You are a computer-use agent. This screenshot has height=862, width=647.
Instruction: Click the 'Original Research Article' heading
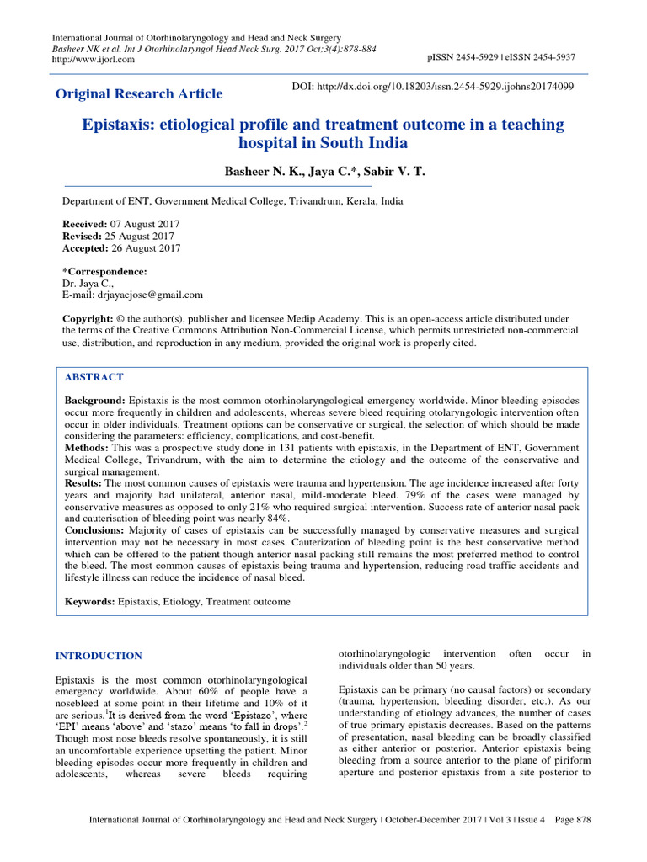coord(139,93)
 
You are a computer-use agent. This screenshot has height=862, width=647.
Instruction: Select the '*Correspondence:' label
coord(105,272)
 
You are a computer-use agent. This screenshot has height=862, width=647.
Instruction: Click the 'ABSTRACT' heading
coord(94,377)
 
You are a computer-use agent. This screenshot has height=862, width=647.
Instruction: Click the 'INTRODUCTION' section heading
coord(99,656)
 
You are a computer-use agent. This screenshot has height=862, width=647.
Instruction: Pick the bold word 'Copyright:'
coord(88,320)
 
